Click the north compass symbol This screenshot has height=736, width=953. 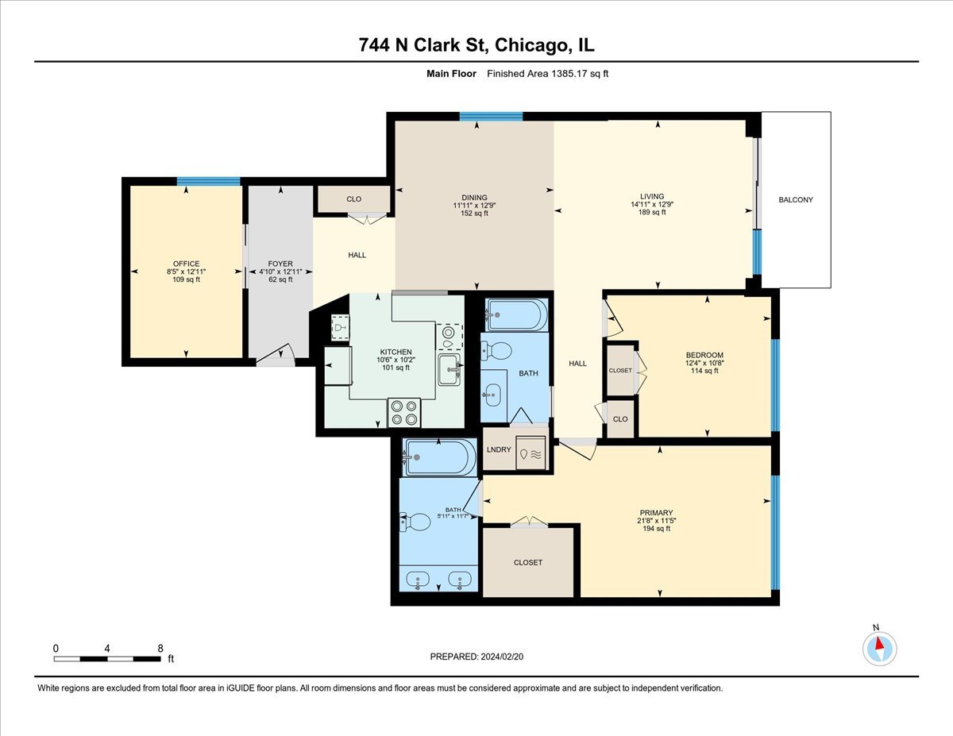pos(879,648)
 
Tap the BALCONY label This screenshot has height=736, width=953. pos(795,200)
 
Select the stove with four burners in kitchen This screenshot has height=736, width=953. pos(404,412)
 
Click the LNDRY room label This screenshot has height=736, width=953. pos(498,449)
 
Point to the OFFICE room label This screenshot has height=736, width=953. pos(186,264)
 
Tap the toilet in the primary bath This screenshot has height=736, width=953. pos(416,522)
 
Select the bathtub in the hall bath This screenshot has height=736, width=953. pos(515,315)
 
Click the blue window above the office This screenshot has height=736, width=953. pos(208,181)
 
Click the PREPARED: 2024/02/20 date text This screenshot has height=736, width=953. pos(476,657)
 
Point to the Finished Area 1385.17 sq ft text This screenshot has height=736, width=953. pos(549,74)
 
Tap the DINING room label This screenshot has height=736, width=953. pos(474,198)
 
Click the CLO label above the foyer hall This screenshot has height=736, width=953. pos(354,198)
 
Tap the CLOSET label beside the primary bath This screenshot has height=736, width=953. pos(527,562)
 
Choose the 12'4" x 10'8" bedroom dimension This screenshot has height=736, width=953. pos(704,363)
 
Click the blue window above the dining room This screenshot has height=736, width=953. pos(491,116)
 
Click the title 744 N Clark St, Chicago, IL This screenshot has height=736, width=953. pos(476,45)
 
